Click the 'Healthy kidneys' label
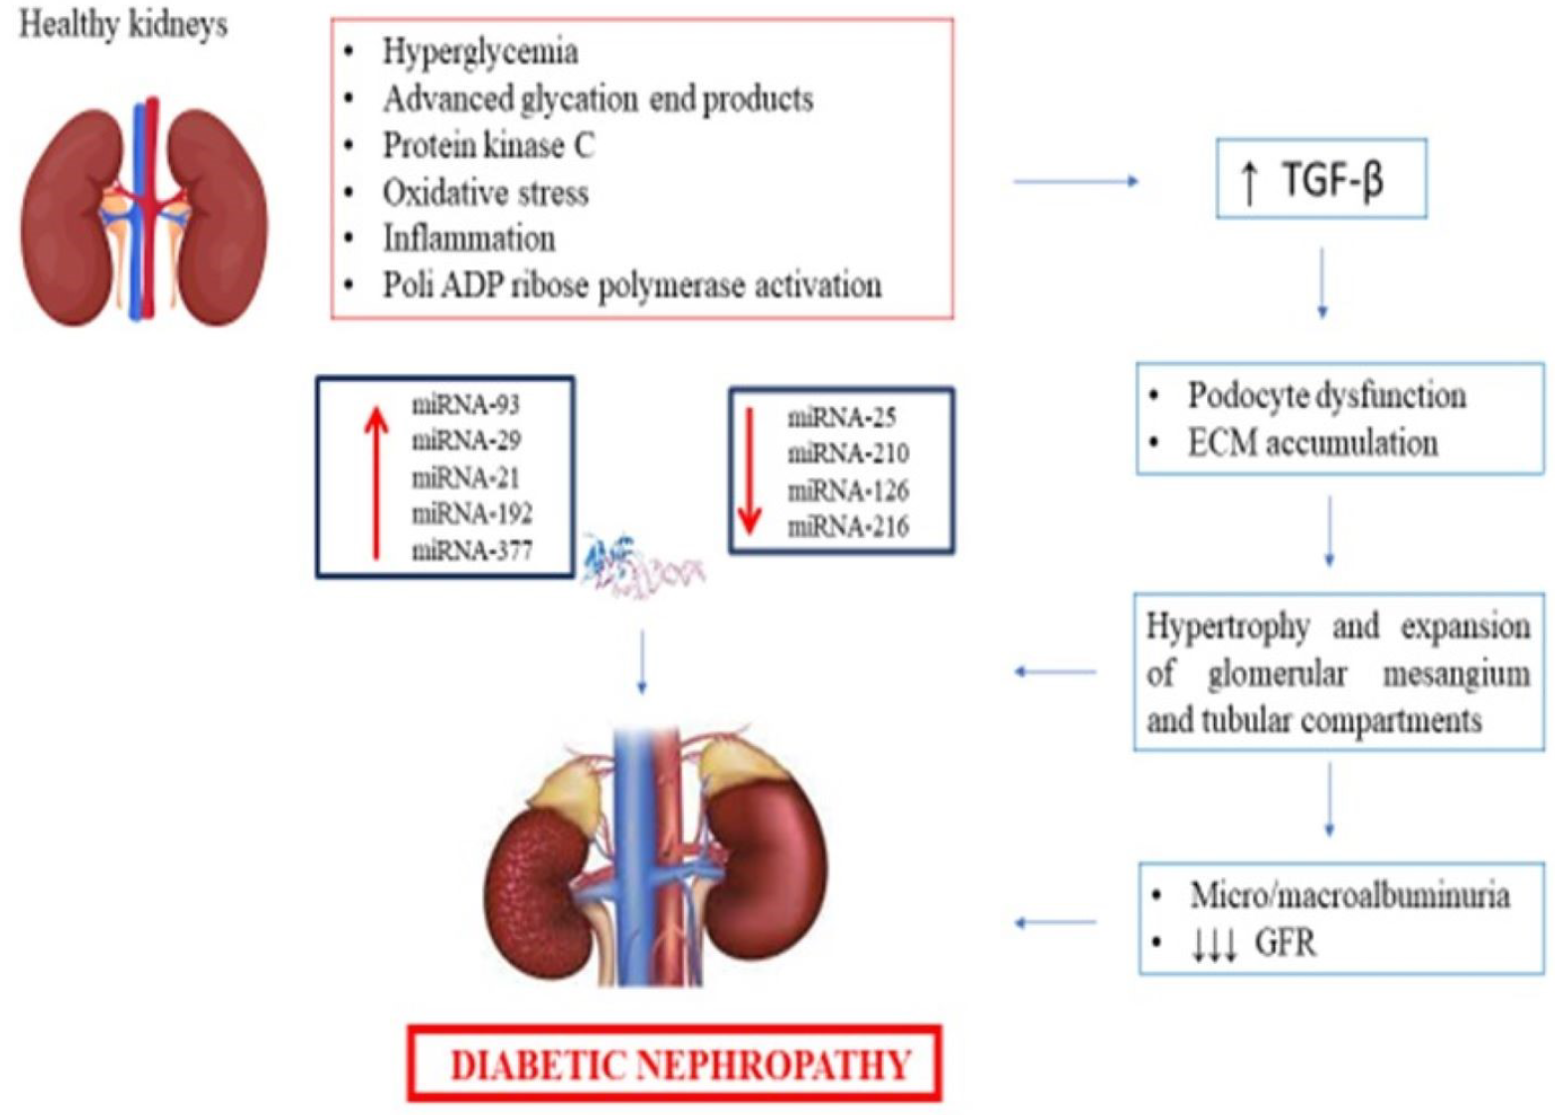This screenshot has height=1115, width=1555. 123,25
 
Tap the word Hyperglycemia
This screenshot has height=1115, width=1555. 480,52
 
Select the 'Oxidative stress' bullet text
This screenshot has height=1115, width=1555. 485,192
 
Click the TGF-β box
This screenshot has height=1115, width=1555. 1321,179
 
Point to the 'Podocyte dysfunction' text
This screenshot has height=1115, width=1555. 1326,395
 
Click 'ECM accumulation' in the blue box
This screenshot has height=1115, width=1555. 1312,443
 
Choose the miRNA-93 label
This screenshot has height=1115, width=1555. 465,405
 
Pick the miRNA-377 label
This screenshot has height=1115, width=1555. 472,550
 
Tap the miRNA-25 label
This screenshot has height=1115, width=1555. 842,418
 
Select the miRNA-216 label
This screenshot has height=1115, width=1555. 848,526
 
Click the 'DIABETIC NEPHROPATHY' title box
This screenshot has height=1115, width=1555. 674,1065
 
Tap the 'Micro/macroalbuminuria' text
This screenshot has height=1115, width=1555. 1349,895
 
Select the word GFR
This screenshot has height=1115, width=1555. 1285,942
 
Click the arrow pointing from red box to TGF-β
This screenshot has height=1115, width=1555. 1075,181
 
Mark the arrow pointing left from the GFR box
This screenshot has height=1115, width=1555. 1055,923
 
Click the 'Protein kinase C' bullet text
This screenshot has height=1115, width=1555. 489,145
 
